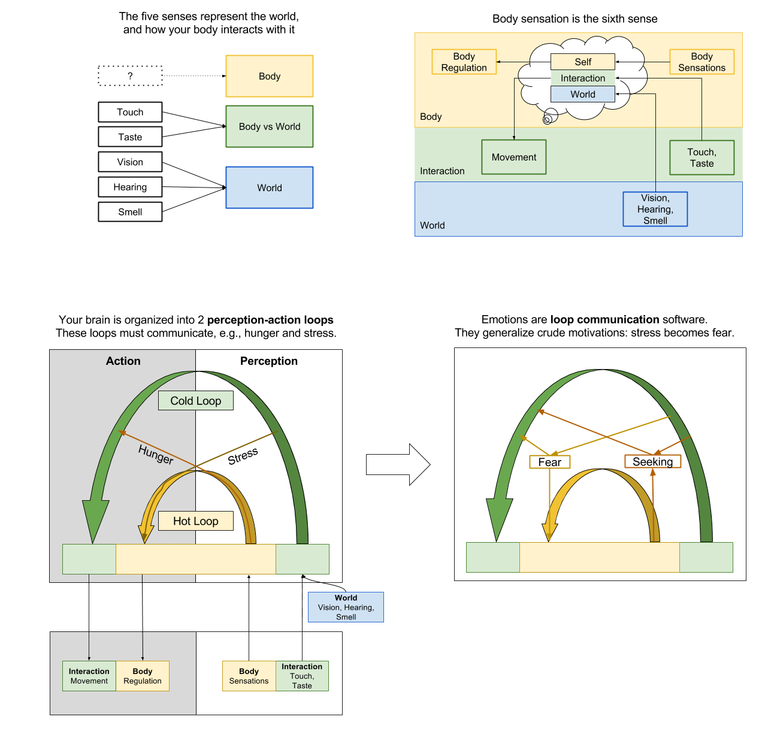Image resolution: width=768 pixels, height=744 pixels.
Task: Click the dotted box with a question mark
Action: tap(130, 76)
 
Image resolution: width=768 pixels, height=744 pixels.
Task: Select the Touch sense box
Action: tap(130, 112)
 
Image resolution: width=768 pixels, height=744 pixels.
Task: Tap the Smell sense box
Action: tap(130, 212)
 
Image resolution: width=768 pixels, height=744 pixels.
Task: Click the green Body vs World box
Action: tap(269, 126)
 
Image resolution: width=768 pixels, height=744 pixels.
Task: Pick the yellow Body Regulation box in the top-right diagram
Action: tap(464, 62)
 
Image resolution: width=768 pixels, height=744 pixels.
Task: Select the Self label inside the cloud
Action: tap(582, 62)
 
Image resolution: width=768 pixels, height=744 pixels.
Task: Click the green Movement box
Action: tap(513, 157)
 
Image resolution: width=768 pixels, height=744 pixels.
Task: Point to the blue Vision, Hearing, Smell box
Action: tap(655, 209)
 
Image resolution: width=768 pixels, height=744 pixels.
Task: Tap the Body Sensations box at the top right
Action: tap(702, 62)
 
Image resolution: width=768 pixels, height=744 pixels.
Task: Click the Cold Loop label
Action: tap(195, 401)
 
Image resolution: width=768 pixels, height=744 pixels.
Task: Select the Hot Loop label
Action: tap(195, 521)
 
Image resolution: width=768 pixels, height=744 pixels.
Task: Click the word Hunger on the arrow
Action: tap(156, 455)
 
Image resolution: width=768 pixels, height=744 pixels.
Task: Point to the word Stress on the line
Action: tap(243, 456)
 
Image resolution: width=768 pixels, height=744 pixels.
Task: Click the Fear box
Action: tap(549, 462)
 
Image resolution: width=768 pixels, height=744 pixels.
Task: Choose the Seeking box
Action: tap(652, 462)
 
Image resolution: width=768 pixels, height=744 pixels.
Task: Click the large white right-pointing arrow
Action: tap(398, 464)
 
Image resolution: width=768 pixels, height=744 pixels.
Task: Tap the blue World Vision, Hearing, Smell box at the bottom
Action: tap(346, 607)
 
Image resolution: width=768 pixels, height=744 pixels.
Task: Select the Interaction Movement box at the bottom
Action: tap(89, 676)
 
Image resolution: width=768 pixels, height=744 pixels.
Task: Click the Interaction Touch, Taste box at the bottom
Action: tap(302, 676)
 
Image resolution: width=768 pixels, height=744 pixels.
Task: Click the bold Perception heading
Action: tap(268, 361)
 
